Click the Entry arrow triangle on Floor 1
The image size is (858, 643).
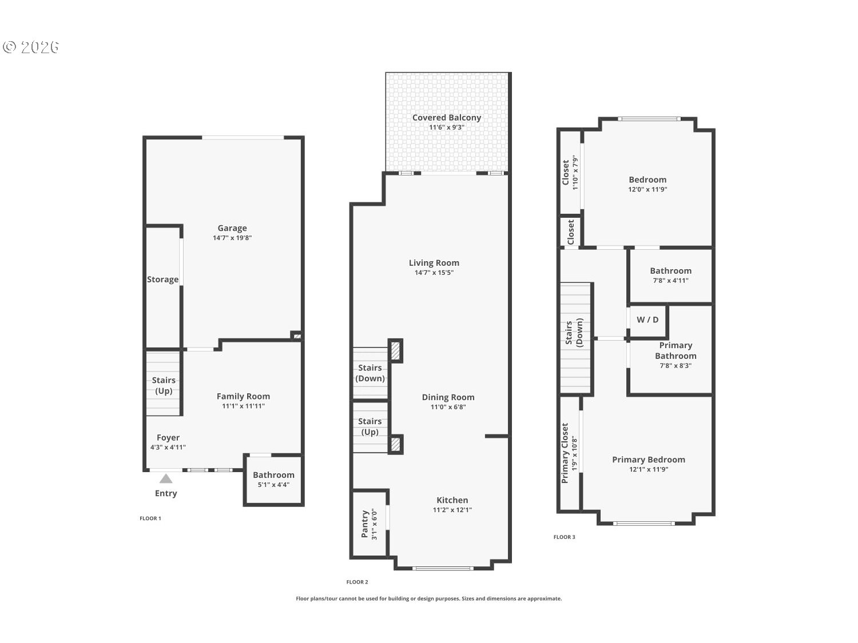pos(166,478)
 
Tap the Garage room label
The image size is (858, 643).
pos(232,228)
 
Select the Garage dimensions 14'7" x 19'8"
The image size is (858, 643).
pos(232,238)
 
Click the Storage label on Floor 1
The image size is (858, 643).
pos(162,279)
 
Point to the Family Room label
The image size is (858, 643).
pos(243,396)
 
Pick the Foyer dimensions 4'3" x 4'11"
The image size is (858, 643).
pos(168,448)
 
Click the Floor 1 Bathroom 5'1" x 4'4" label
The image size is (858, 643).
pos(273,480)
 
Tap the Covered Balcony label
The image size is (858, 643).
pos(447,118)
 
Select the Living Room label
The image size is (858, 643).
pos(434,263)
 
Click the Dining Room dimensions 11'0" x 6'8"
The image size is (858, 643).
pos(448,407)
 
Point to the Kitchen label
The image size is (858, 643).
pos(452,500)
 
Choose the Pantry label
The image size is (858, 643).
pos(365,524)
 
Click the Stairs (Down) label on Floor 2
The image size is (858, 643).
pos(370,373)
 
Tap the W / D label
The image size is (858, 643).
pos(648,319)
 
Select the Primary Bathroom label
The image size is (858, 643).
pos(676,350)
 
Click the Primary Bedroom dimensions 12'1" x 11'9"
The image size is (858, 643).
pos(649,469)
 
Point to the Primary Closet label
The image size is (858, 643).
pos(565,453)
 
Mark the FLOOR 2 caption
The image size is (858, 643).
pos(357,582)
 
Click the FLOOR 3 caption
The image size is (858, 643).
pos(565,537)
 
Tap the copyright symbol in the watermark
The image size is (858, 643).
pos(9,47)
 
